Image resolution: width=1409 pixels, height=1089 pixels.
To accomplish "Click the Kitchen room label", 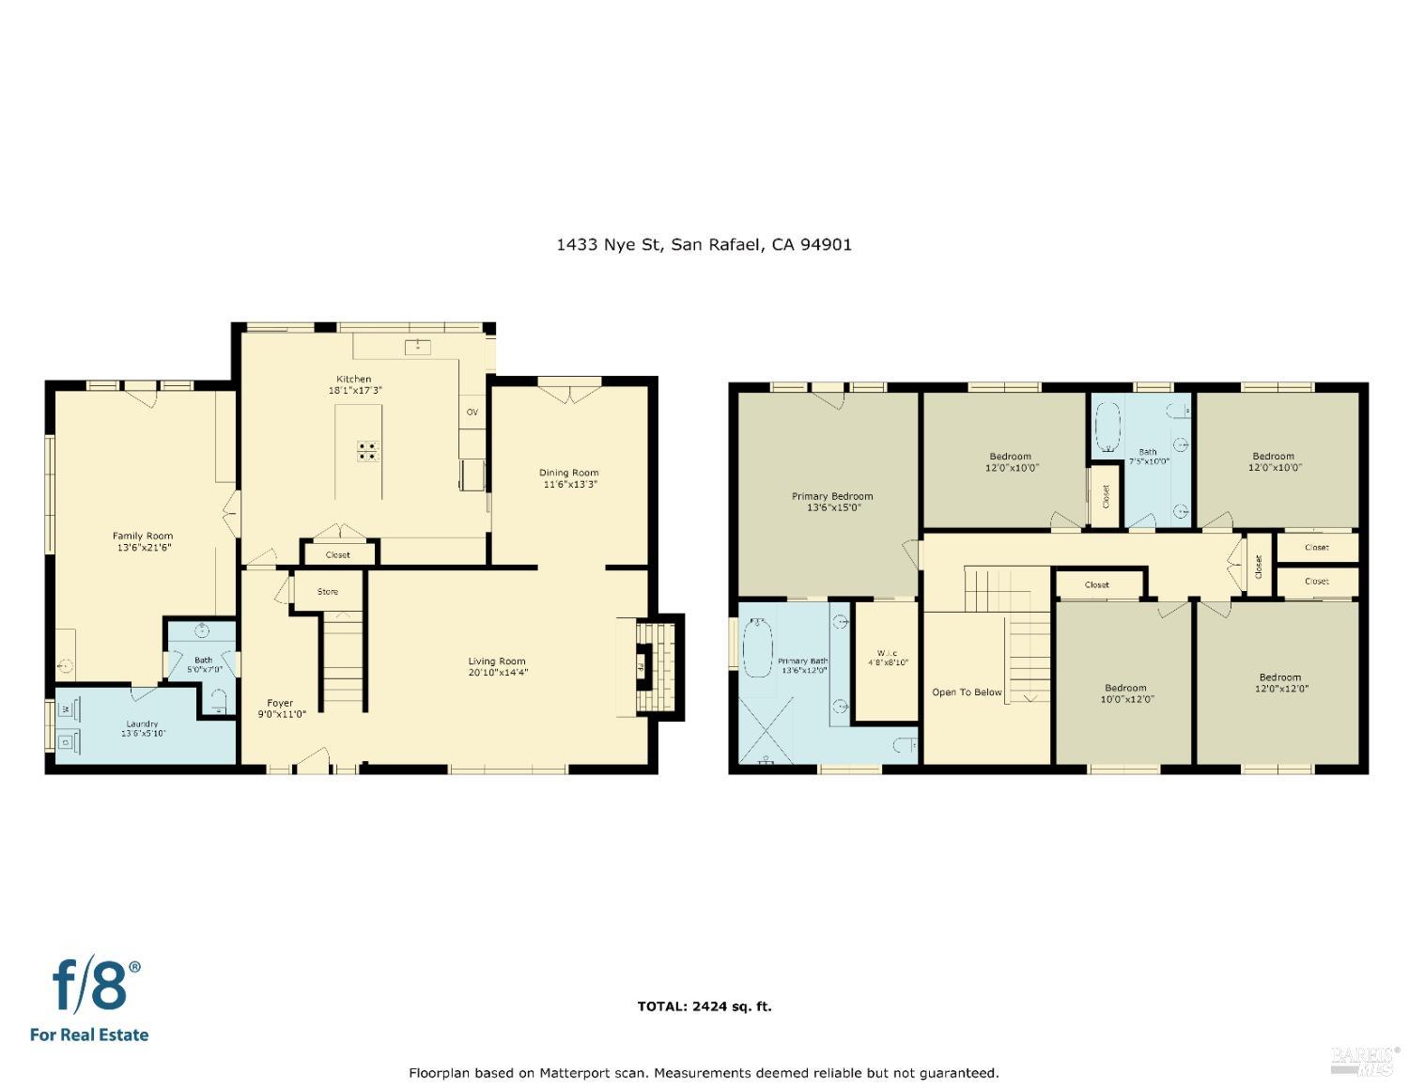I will tap(354, 380).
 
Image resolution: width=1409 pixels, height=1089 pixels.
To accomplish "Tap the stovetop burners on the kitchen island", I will tap(368, 451).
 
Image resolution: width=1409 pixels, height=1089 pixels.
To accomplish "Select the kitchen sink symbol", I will tap(417, 348).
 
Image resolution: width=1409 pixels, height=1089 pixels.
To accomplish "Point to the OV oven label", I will tap(472, 412).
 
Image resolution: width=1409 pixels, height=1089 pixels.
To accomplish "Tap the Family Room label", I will tap(143, 537).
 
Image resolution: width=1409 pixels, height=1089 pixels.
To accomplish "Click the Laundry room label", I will tap(143, 724).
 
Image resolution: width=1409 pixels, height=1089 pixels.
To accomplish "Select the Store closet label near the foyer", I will tap(327, 592).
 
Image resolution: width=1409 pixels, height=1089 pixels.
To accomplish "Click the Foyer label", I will tap(280, 703).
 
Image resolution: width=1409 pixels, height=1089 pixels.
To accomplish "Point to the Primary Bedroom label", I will tap(831, 496).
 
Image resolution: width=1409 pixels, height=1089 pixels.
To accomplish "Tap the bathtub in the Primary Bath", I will tap(757, 647).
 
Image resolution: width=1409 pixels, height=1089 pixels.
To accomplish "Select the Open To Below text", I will tap(967, 692).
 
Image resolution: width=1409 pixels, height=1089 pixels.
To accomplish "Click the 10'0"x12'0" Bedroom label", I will tap(1125, 688).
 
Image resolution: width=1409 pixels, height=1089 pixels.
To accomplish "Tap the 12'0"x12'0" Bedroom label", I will tap(1279, 677).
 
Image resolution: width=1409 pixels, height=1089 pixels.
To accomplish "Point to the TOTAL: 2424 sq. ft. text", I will tap(704, 1006).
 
